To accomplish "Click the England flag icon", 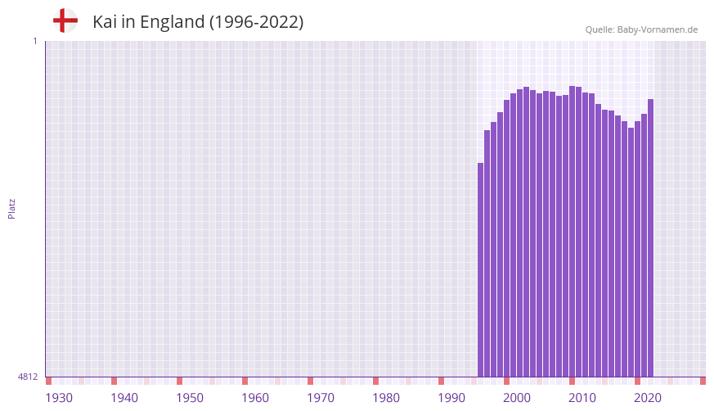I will point(65,21).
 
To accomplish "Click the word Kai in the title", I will point(103,22).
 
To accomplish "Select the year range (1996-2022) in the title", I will point(256,22).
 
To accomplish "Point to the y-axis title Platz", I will point(11,208).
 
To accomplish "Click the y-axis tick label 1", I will point(34,41).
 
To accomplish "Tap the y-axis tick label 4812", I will point(28,377).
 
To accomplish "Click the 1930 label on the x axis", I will point(59,398).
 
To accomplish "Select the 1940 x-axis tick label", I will point(124,398).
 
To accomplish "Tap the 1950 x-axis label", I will point(190,398).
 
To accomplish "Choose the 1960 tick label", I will point(255,398).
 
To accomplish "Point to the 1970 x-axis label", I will point(321,398).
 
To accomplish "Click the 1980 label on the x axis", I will point(386,398).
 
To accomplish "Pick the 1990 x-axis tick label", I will point(451,398).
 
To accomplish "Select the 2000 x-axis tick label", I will point(517,398).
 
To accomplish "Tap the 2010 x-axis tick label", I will point(582,398).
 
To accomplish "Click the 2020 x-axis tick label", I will point(648,398).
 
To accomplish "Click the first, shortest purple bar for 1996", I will point(481,270).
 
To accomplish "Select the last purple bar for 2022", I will point(650,237).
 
